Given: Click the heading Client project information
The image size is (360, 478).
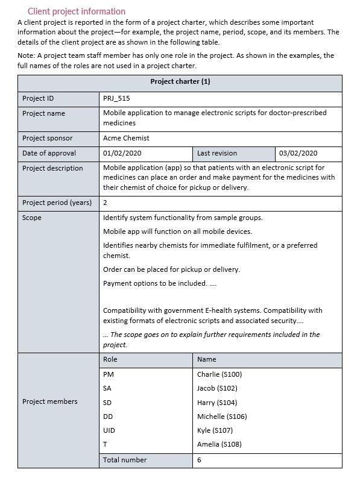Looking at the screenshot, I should coord(77,11).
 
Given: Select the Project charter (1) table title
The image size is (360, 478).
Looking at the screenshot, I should coord(180,82).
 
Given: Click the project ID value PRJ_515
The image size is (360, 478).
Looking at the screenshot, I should coord(116,98).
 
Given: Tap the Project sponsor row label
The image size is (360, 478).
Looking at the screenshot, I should coord(47,138).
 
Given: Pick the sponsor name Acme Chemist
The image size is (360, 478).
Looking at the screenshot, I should coord(126,138).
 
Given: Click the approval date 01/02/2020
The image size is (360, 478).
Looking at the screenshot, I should coord(122,153).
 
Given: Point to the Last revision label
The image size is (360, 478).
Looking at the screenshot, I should coord(217,153).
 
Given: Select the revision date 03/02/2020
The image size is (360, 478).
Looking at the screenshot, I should coord(298,153).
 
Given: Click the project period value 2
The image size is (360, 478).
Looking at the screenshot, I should coord(105,203).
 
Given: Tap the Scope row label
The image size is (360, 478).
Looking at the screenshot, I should coord(32,218).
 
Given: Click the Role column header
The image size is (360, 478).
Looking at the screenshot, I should coord(110,359).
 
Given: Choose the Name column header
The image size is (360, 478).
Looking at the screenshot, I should coord(206,359).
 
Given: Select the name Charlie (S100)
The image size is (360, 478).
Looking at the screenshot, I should coord(219,374).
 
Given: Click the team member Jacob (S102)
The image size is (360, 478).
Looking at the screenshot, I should coord(217,388).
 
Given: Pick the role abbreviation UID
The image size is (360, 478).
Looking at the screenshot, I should coord(109,430).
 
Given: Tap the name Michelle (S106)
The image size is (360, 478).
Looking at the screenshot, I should coord(222,417).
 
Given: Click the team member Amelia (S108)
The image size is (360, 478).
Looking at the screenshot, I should coord(219,444).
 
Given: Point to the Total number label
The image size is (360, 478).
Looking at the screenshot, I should coord(125,460).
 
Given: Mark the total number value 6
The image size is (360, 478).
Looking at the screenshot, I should coord(199,460).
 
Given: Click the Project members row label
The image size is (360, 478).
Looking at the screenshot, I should coord(50,401).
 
